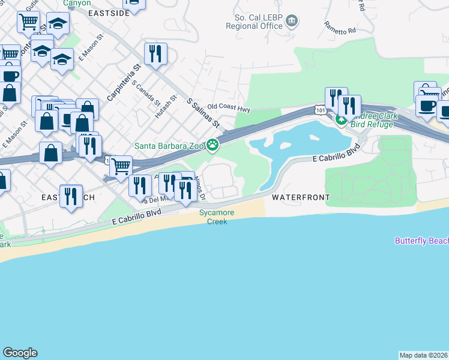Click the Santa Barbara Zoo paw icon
(212, 145)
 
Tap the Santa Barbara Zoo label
(169, 145)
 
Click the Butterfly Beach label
(422, 241)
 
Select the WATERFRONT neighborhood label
(301, 197)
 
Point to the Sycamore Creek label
(217, 217)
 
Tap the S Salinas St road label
(203, 113)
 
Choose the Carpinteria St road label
(123, 82)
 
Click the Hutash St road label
(165, 106)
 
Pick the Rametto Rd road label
(340, 27)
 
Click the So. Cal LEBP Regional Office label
(254, 22)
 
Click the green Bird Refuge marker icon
(341, 120)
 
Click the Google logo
(20, 353)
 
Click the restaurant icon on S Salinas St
(155, 53)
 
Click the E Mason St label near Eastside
(91, 46)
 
